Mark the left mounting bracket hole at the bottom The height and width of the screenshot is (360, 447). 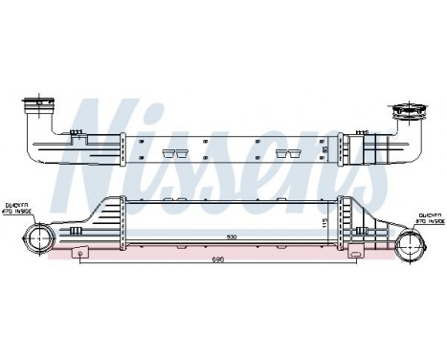(x=81, y=252)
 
